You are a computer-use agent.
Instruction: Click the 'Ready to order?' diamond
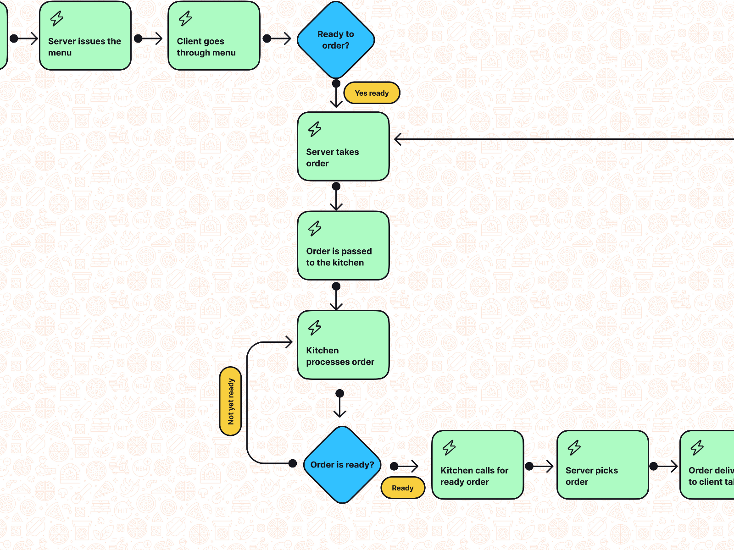[x=336, y=40]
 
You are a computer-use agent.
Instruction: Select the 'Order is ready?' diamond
[x=342, y=464]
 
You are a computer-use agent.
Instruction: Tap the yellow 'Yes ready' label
[x=372, y=93]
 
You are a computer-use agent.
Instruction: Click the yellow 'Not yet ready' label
[x=230, y=401]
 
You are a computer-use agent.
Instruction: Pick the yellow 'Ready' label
[x=402, y=488]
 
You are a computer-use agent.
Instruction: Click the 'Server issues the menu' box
[x=85, y=36]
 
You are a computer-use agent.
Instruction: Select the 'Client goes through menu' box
[x=214, y=36]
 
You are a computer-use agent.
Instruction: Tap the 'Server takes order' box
[x=343, y=147]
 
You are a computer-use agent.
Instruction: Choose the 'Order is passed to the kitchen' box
[x=343, y=246]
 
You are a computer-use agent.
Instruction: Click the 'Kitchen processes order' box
[x=343, y=345]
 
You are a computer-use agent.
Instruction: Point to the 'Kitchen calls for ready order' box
[x=477, y=465]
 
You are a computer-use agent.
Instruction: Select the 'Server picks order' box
[x=602, y=465]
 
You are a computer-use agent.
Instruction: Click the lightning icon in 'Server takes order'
[x=315, y=129]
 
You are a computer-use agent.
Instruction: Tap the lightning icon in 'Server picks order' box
[x=574, y=447]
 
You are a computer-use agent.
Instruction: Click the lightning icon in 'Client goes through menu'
[x=185, y=19]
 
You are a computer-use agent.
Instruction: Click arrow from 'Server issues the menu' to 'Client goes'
[x=149, y=38]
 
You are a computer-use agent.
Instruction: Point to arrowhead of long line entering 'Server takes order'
[x=398, y=139]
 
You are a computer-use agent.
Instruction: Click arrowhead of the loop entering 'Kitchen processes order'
[x=289, y=342]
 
